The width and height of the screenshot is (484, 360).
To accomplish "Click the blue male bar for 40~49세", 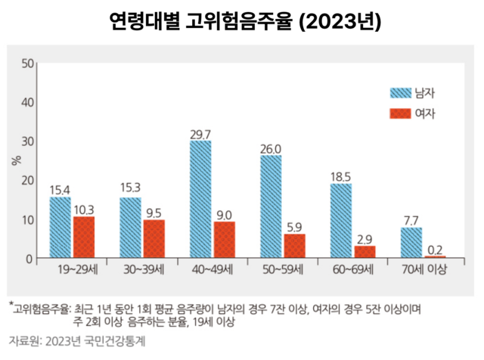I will (200, 200).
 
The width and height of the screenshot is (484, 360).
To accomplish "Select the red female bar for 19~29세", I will (84, 237).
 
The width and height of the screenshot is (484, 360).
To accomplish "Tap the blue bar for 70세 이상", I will (411, 243).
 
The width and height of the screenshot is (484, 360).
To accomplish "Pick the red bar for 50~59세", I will (294, 246).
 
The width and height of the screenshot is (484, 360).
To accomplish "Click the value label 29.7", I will (200, 134).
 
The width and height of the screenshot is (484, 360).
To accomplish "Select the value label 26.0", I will (271, 148).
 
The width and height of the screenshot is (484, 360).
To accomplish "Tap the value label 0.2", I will (435, 250).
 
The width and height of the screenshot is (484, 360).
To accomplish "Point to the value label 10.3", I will (84, 209).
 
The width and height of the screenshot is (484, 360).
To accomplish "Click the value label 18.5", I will (341, 177).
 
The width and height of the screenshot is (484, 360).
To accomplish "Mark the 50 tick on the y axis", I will (28, 62).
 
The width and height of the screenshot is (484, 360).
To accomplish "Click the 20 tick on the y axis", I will (28, 180).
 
